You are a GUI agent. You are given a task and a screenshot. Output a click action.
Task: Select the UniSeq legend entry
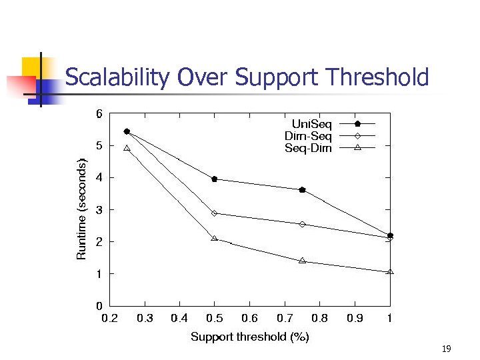click(333, 123)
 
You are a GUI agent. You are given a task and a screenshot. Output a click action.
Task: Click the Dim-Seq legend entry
click(333, 136)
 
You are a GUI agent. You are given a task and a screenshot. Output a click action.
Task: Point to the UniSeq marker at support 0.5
click(214, 179)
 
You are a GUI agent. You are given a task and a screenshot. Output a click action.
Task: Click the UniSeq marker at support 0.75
click(302, 190)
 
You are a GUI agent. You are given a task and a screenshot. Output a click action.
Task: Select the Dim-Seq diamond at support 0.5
click(214, 213)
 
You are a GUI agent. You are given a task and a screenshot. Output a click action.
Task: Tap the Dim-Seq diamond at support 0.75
click(302, 224)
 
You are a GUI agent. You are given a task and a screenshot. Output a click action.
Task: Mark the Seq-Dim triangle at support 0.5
click(214, 238)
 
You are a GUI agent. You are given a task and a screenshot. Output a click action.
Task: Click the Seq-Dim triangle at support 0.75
click(302, 261)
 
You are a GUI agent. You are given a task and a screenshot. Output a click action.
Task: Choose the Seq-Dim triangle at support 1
click(390, 271)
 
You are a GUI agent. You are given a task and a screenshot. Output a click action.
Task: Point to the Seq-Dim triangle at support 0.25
click(127, 148)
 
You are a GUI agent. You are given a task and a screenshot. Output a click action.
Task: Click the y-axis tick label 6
click(99, 114)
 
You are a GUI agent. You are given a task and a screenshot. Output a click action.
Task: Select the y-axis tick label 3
click(99, 210)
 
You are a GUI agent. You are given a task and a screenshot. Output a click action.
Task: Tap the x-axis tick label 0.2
click(109, 319)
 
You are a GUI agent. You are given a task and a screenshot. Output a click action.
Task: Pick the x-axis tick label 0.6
click(249, 319)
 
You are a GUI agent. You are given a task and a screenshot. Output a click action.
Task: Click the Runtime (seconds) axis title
click(81, 209)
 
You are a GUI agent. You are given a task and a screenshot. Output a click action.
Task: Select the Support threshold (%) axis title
click(249, 337)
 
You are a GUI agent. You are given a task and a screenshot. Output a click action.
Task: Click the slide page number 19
click(447, 349)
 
